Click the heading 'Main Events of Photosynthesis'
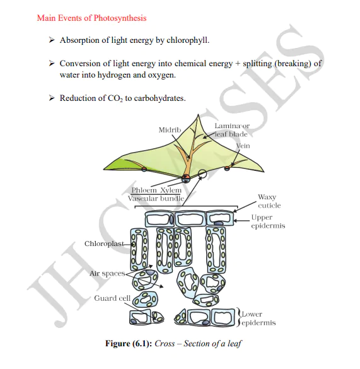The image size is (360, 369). [91, 18]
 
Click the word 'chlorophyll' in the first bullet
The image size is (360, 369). [187, 40]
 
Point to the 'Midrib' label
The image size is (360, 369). [170, 129]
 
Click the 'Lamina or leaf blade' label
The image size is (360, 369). [231, 130]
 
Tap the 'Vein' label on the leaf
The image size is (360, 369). [243, 146]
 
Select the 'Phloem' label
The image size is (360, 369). [144, 190]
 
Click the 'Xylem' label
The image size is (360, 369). [170, 190]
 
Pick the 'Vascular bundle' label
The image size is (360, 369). [156, 198]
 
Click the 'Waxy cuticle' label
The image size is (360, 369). [269, 201]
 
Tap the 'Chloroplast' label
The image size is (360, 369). [105, 243]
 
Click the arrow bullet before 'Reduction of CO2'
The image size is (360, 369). [52, 98]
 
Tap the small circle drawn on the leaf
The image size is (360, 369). [202, 173]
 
